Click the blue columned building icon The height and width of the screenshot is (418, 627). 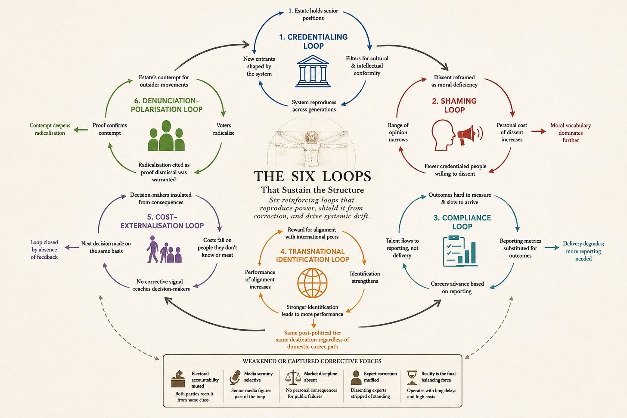(x=313, y=71)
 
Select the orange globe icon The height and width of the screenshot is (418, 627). (x=312, y=282)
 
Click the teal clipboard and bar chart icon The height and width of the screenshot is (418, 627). (x=460, y=251)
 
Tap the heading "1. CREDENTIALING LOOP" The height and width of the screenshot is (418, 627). (x=313, y=41)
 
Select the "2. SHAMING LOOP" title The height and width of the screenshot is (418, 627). (x=454, y=105)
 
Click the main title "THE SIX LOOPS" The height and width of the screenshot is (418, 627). (x=312, y=176)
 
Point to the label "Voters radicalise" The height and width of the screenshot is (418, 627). (x=223, y=129)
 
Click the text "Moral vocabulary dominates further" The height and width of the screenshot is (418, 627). (x=571, y=133)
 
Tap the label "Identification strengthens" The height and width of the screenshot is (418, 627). (x=365, y=277)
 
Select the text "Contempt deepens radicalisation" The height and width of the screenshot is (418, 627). (x=50, y=129)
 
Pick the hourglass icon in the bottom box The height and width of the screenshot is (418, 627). (x=412, y=378)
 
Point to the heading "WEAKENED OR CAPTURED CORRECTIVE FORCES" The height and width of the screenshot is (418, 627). (x=312, y=361)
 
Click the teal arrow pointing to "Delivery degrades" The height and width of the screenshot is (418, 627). (x=552, y=248)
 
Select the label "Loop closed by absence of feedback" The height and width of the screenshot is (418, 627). (x=44, y=250)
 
